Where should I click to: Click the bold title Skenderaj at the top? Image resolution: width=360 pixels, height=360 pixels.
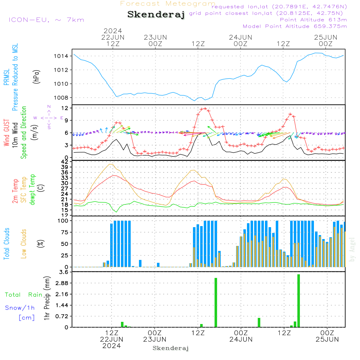(156, 15)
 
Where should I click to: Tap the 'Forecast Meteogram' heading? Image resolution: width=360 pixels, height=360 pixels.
(168, 4)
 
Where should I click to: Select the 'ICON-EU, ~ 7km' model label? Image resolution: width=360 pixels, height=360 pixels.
(46, 20)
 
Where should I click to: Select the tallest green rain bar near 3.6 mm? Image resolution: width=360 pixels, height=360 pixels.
(298, 301)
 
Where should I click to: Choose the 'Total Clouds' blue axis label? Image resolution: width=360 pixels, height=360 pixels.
(6, 244)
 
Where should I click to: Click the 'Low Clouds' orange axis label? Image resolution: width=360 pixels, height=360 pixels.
(24, 244)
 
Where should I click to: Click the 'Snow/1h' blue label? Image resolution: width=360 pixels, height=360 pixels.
(20, 308)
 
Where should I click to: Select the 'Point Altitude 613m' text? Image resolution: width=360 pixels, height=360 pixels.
(313, 20)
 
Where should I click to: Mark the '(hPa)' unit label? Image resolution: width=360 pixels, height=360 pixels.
(36, 76)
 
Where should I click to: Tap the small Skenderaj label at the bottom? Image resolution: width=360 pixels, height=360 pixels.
(171, 348)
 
